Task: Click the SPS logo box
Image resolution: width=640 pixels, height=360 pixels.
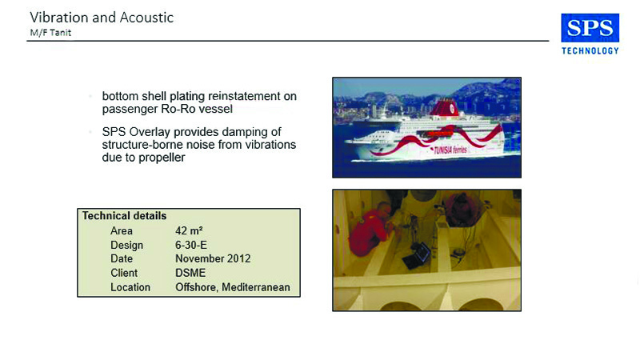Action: coord(590,28)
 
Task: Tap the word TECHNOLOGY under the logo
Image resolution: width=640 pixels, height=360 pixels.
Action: coord(590,50)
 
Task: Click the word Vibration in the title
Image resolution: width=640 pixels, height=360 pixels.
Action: coord(59,17)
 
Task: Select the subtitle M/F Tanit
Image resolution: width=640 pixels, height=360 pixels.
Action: coord(50,33)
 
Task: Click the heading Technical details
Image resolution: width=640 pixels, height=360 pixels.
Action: coord(124,215)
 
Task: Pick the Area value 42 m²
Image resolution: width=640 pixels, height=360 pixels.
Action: coord(189,230)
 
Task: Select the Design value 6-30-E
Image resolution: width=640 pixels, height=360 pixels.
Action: coord(191,245)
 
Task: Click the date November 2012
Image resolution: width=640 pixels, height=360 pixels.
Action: coord(213,258)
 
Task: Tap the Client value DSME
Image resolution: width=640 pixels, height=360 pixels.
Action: coord(190,273)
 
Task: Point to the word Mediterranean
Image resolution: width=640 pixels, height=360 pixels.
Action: coord(256,287)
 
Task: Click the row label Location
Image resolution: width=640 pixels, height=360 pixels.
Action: coord(130,287)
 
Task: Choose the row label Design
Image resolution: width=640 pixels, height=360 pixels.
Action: coord(126,246)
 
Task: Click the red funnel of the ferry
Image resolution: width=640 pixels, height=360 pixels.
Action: coord(444,108)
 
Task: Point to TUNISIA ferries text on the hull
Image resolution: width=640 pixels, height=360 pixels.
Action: coord(450,150)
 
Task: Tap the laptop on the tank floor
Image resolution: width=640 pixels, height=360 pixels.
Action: coord(417,255)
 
